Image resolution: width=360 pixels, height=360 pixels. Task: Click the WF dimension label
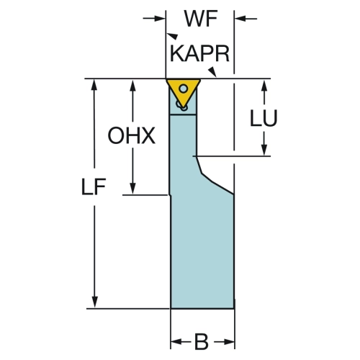[x=201, y=19]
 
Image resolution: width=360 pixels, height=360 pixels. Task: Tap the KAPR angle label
[x=199, y=54]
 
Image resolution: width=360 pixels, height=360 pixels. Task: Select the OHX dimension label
[x=131, y=135]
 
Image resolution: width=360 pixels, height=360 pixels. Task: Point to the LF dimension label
[x=94, y=186]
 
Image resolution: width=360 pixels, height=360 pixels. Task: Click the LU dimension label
[x=264, y=118]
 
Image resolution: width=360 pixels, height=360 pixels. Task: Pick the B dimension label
[x=201, y=342]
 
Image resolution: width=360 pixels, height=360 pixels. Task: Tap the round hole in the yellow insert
[x=184, y=89]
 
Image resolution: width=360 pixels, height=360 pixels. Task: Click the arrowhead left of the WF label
[x=160, y=18]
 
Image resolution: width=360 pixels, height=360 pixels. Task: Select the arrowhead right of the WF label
[x=240, y=18]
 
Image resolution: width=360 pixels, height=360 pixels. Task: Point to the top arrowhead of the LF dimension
[x=95, y=84]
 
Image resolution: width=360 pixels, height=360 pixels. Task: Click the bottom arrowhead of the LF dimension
[x=95, y=302]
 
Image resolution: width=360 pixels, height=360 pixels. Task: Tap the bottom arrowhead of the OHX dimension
[x=132, y=189]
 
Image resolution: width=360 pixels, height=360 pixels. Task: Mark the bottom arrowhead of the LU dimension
[x=264, y=150]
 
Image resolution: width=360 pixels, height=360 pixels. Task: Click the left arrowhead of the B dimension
[x=176, y=342]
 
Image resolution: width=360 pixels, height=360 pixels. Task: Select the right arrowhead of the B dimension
[x=229, y=342]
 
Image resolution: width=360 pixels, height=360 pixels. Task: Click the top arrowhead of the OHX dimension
[x=132, y=84]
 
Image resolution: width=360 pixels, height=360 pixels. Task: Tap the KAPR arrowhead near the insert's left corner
[x=173, y=35]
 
